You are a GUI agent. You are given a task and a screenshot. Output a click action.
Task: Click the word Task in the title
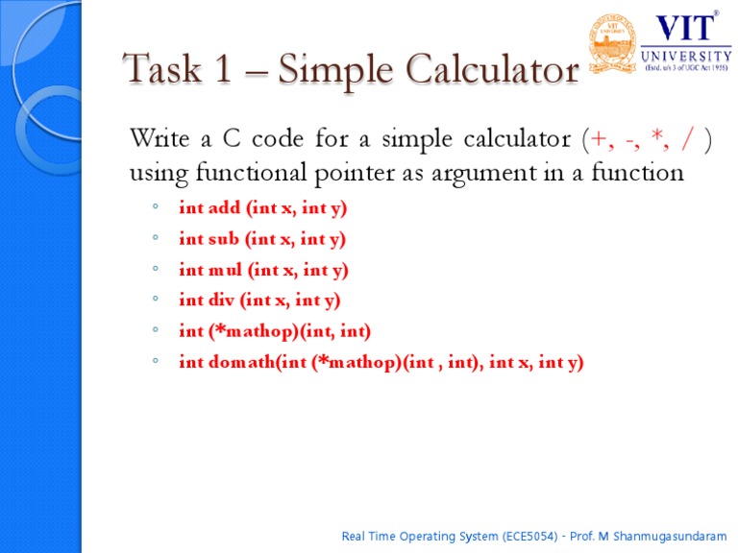pyautogui.click(x=161, y=69)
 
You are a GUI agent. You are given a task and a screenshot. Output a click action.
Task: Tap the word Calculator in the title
pyautogui.click(x=492, y=69)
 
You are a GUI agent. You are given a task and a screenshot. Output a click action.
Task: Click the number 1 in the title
pyautogui.click(x=223, y=68)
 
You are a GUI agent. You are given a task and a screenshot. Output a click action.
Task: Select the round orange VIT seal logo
pyautogui.click(x=612, y=44)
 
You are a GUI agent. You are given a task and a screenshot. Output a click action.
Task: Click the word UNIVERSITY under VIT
pyautogui.click(x=686, y=57)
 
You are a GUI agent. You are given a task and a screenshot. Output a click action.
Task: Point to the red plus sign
pyautogui.click(x=599, y=139)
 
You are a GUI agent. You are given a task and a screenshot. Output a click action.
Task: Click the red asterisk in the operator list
pyautogui.click(x=657, y=135)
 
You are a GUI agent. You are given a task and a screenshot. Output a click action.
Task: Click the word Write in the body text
pyautogui.click(x=160, y=138)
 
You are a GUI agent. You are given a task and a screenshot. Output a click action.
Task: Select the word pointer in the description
pyautogui.click(x=356, y=173)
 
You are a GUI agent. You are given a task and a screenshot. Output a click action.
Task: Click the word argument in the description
pyautogui.click(x=484, y=174)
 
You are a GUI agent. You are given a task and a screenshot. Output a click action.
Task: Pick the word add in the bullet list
pyautogui.click(x=224, y=207)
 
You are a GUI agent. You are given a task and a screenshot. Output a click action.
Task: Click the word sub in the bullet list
pyautogui.click(x=223, y=238)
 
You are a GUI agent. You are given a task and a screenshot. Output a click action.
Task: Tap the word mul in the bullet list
pyautogui.click(x=225, y=270)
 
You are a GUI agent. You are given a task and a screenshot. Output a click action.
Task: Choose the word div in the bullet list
pyautogui.click(x=221, y=300)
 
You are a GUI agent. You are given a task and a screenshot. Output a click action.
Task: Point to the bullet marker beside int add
pyautogui.click(x=156, y=206)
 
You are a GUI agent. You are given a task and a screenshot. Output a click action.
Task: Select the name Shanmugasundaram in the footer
pyautogui.click(x=670, y=537)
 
